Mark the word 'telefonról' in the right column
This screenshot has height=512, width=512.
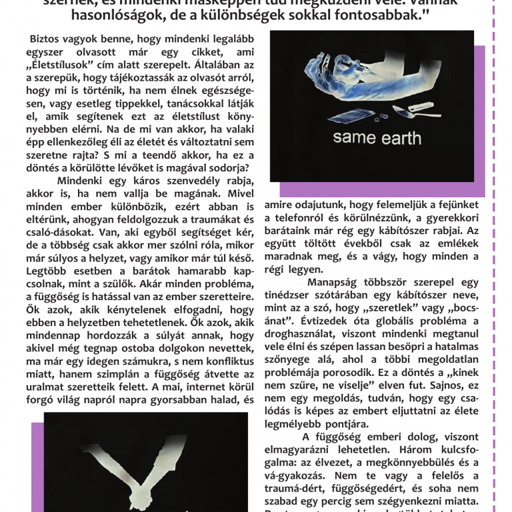(x=294, y=219)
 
